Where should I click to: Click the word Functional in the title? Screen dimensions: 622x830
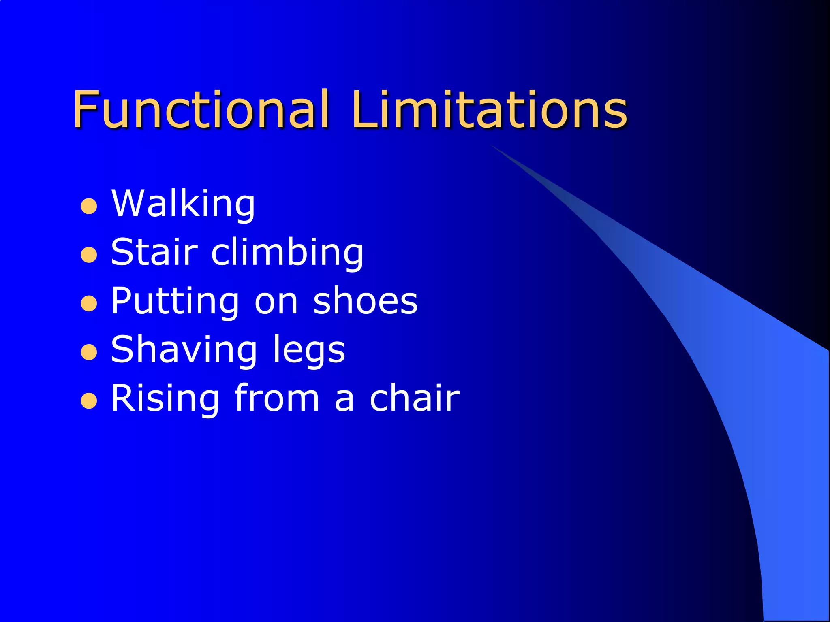pyautogui.click(x=201, y=109)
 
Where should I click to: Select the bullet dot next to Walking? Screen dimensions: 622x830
pyautogui.click(x=89, y=206)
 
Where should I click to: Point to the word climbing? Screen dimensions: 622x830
pyautogui.click(x=287, y=253)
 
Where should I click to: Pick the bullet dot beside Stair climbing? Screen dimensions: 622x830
pyautogui.click(x=89, y=255)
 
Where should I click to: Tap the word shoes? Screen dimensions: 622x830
pyautogui.click(x=365, y=301)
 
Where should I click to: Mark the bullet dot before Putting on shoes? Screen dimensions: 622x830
pyautogui.click(x=89, y=304)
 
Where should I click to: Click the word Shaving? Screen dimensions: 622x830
pyautogui.click(x=184, y=350)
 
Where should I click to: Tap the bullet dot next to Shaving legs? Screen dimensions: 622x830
pyautogui.click(x=89, y=352)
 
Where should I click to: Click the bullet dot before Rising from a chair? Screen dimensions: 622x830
pyautogui.click(x=89, y=401)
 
